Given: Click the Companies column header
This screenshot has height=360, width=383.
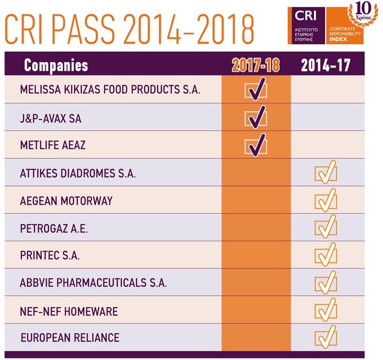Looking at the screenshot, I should (56, 65).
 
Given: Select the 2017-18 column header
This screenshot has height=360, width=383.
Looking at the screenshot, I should (255, 65).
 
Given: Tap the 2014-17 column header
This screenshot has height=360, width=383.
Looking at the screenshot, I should (326, 65).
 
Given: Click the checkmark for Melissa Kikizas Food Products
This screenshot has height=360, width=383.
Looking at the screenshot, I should (255, 90).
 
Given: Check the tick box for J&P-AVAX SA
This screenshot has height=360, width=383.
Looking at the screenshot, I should (255, 117).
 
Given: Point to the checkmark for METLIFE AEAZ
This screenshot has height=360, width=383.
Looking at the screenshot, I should (255, 145).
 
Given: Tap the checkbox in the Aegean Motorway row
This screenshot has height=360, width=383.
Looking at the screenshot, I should (326, 200).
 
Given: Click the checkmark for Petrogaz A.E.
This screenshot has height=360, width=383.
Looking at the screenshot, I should (326, 228).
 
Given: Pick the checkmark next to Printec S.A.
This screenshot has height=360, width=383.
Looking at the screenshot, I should (326, 255).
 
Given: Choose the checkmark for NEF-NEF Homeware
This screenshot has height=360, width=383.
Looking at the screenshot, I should (326, 310).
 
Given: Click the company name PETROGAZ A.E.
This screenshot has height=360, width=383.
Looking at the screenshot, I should (54, 228).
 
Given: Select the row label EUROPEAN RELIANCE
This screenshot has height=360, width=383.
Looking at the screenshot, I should (70, 338).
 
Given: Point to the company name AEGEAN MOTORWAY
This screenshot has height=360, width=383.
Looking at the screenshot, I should (66, 201).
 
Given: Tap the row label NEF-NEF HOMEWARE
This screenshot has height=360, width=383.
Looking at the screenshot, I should (69, 311).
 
